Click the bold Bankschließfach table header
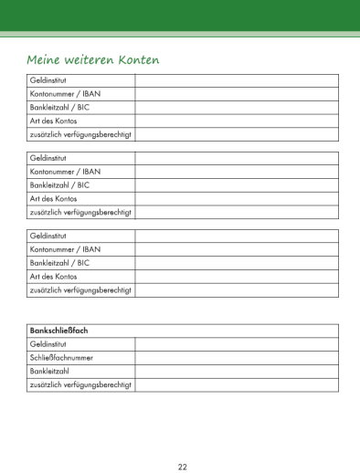point(58,330)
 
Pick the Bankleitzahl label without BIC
point(53,371)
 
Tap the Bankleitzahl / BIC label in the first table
point(59,108)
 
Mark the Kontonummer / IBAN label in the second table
point(65,172)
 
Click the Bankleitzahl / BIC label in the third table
point(59,262)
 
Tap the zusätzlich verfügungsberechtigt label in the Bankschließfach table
point(81,384)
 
